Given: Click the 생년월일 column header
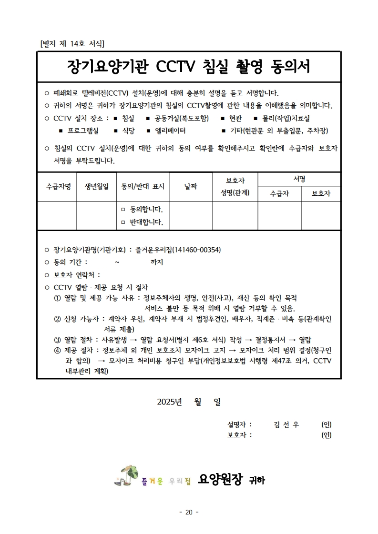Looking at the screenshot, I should click(x=97, y=187).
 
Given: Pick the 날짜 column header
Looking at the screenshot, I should click(x=191, y=187).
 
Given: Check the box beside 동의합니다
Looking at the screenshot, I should click(x=123, y=210).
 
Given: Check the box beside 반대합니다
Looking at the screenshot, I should click(x=123, y=222).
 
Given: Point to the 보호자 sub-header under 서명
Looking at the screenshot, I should click(x=321, y=193).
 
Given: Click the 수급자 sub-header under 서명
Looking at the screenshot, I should click(x=279, y=193).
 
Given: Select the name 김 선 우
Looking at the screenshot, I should click(x=286, y=424).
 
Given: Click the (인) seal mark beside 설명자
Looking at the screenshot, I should click(x=327, y=424).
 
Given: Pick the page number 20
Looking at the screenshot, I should click(x=189, y=512).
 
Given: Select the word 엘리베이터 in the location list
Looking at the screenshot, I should click(x=170, y=131).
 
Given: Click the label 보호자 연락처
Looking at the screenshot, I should click(x=77, y=275).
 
